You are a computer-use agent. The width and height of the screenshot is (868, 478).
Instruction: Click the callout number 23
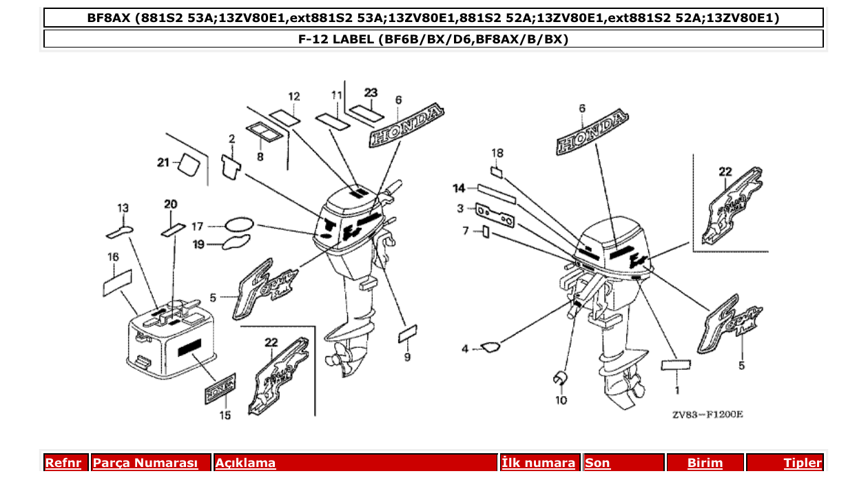371,92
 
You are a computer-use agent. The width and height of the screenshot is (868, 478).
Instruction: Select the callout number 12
294,96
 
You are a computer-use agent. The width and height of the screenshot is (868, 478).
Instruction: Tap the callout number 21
163,163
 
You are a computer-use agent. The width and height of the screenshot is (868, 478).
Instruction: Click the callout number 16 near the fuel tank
114,257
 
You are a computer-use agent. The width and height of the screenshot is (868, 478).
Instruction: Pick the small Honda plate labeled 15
221,390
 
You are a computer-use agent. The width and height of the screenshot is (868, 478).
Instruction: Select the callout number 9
407,357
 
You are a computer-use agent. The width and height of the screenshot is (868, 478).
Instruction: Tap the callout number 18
497,152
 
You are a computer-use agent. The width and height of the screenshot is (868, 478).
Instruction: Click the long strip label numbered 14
497,192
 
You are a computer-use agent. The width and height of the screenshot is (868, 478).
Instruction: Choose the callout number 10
561,399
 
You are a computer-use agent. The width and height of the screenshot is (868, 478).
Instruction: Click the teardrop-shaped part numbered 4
490,347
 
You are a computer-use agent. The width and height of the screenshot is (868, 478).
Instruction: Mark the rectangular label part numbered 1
676,365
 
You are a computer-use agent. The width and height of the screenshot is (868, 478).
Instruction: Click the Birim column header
705,464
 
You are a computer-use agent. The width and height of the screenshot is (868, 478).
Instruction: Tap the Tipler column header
803,464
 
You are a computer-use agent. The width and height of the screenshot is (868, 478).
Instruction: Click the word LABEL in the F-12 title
353,39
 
